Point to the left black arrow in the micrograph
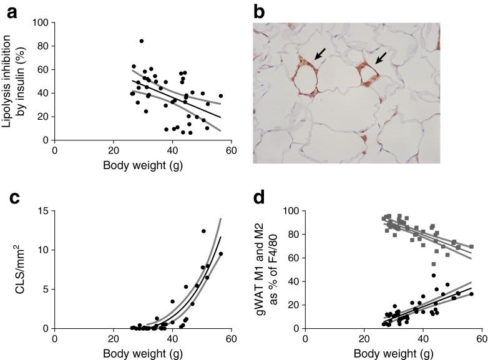coord(318,56)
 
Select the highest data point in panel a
coord(142,41)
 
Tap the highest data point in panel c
coord(203,231)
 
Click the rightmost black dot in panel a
coord(220,96)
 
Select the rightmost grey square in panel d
coord(471,246)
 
